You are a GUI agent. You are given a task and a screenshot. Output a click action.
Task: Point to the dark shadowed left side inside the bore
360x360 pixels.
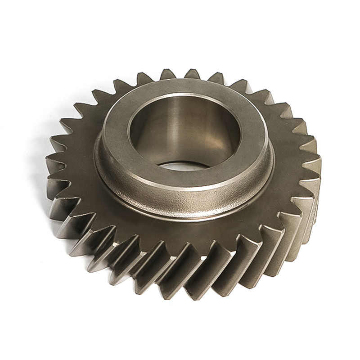click(x=146, y=135)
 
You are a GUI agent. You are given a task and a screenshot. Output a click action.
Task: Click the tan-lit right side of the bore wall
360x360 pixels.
click(x=220, y=135)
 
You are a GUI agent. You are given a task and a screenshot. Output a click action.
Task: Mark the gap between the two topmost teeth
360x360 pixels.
click(x=180, y=74)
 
